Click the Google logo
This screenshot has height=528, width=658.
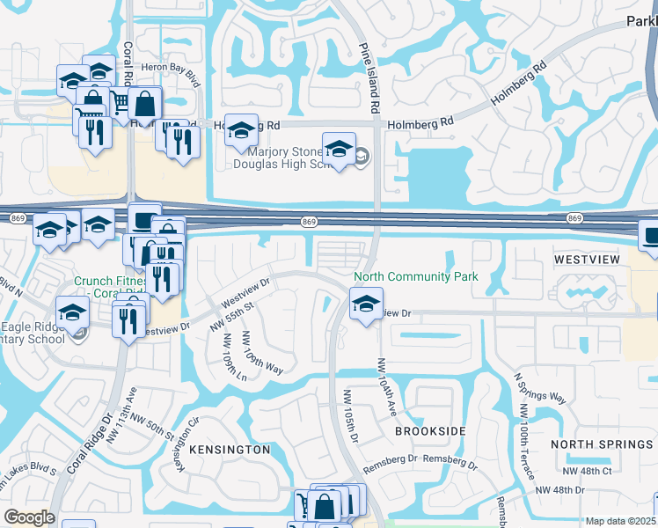[29, 517]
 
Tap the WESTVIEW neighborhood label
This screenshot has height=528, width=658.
[588, 260]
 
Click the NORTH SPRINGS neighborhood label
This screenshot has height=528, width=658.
[603, 444]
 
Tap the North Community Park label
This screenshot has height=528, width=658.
[416, 277]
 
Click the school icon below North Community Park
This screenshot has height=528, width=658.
[365, 305]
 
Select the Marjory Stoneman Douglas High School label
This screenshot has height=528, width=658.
[287, 159]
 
